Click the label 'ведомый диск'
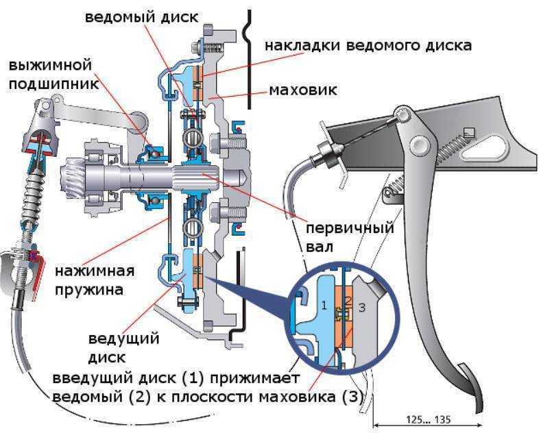pyautogui.click(x=143, y=16)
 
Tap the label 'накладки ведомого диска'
pyautogui.click(x=368, y=46)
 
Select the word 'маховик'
pyautogui.click(x=302, y=90)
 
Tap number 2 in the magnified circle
pyautogui.click(x=348, y=301)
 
